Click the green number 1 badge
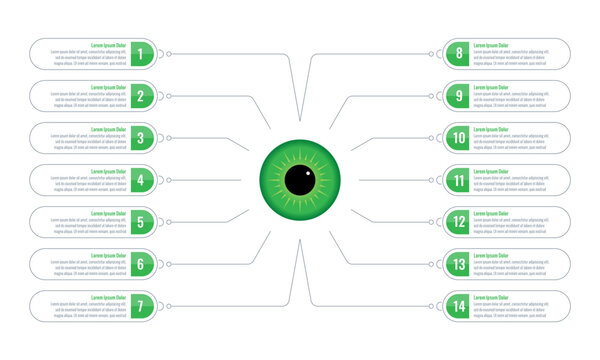click(142, 54)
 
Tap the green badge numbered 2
click(142, 96)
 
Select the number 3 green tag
click(142, 138)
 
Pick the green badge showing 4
click(142, 180)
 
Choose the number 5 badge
click(142, 222)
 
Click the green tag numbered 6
click(142, 264)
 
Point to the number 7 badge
click(142, 306)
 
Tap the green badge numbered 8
click(458, 54)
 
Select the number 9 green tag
click(458, 96)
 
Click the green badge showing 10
click(458, 138)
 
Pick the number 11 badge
click(458, 180)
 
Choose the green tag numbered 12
click(458, 222)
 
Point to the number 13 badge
click(458, 264)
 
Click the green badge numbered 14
click(458, 306)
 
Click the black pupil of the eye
click(299, 181)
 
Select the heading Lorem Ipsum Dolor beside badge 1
click(108, 45)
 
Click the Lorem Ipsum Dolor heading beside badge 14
click(491, 297)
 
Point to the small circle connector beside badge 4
click(168, 180)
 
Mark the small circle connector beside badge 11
click(432, 180)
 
